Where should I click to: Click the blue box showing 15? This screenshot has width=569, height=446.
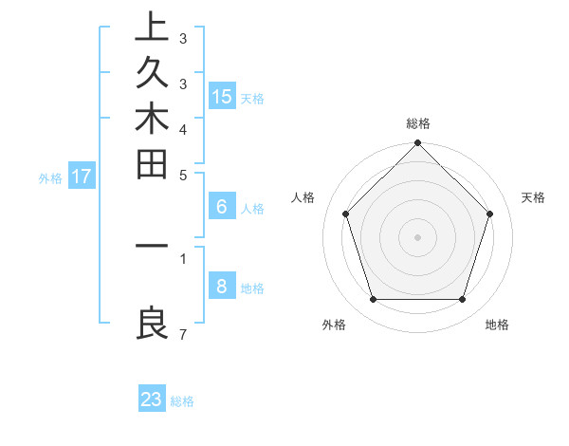tap(222, 96)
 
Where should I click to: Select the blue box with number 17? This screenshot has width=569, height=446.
tap(82, 176)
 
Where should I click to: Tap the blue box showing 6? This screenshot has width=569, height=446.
tap(222, 207)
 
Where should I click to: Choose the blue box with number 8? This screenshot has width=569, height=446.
tap(222, 287)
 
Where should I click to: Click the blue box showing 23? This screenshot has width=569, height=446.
tap(152, 400)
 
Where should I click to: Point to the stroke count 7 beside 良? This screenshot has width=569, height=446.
tap(182, 334)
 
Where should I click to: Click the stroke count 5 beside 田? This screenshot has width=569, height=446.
tap(182, 175)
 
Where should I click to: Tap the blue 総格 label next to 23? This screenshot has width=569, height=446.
tap(182, 401)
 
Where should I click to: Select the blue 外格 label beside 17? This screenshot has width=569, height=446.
tap(50, 177)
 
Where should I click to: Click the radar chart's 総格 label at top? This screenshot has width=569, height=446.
tap(418, 123)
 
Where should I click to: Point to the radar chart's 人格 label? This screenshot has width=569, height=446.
tap(303, 197)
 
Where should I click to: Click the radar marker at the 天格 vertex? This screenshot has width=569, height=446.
tap(490, 214)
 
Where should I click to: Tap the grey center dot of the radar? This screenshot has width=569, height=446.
tap(417, 237)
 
